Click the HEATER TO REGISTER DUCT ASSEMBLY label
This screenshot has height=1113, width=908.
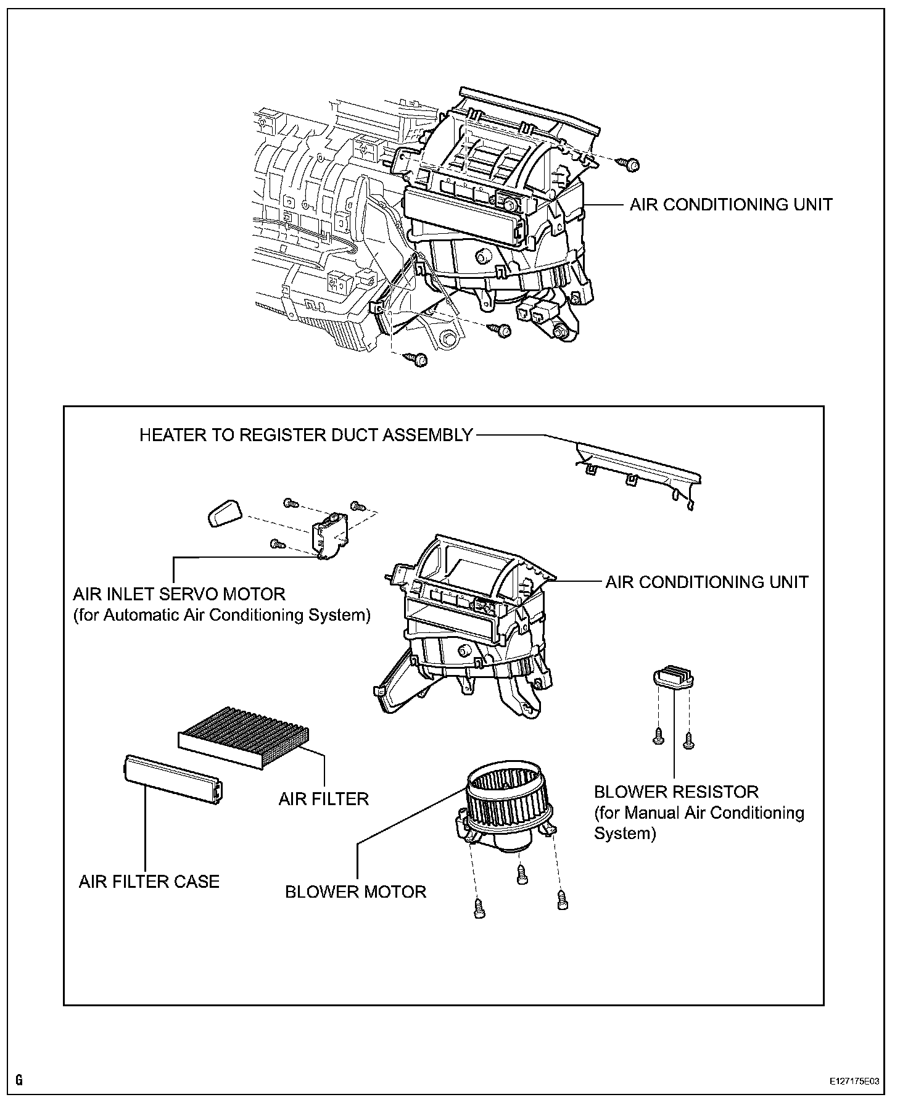pos(305,435)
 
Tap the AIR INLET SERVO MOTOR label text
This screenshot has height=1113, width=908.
pos(180,595)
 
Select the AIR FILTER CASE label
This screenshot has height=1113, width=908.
pos(149,881)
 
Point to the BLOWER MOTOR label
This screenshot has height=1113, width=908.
pos(355,892)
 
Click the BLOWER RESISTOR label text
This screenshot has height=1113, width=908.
pos(676,792)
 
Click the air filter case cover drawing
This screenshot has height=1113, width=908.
pos(173,779)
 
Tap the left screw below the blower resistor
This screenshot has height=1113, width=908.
pos(658,735)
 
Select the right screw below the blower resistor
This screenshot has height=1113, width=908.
pos(689,740)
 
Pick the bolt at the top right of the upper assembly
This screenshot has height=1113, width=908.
pos(630,164)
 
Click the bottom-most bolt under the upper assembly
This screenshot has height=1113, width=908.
pos(419,359)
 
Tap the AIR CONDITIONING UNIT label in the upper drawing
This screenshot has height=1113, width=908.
pos(731,205)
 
